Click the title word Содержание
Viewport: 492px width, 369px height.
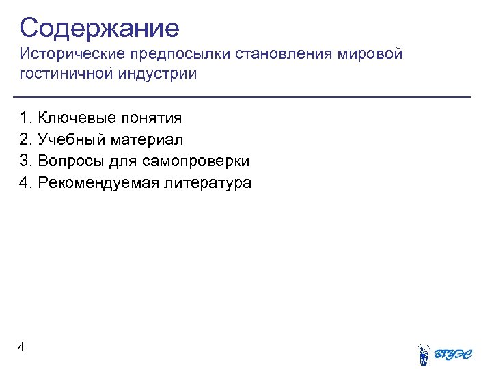coord(99,28)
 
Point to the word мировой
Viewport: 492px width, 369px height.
coord(370,54)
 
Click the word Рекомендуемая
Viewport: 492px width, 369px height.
coord(96,183)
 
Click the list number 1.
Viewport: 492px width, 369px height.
coord(25,118)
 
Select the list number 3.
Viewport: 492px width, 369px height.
coord(25,161)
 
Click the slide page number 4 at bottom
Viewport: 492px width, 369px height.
coord(22,348)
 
